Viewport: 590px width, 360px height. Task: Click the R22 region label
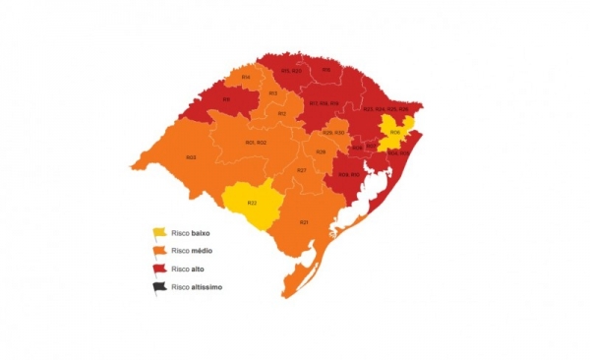(x=252, y=203)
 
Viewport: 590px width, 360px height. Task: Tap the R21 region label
(x=305, y=222)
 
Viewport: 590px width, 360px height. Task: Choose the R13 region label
(x=273, y=93)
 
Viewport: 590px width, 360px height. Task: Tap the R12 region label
(x=282, y=114)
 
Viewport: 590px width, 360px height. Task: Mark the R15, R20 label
(x=291, y=71)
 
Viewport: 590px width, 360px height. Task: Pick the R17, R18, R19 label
(x=324, y=103)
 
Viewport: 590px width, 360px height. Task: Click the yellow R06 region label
(x=394, y=132)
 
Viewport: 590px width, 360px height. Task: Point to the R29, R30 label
(x=333, y=133)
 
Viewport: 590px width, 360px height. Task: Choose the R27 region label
(x=302, y=171)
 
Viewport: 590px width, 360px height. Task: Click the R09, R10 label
(x=349, y=174)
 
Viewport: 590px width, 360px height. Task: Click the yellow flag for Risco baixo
(x=157, y=234)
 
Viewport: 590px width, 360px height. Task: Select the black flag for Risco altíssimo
(x=157, y=287)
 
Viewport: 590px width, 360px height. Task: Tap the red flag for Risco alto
(x=157, y=270)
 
